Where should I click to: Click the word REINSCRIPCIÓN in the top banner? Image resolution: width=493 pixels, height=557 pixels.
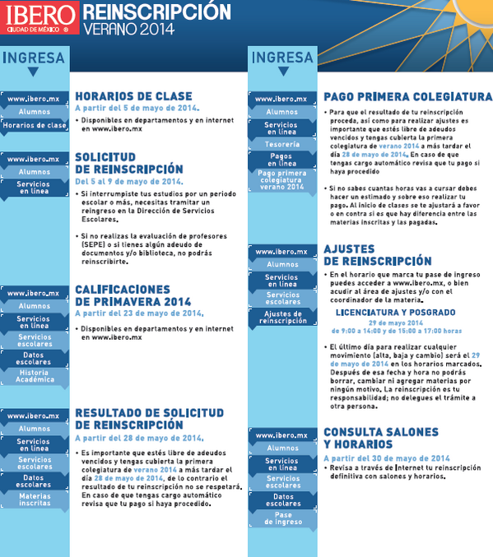tap(156, 12)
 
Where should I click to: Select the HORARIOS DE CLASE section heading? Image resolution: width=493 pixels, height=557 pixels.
tap(133, 96)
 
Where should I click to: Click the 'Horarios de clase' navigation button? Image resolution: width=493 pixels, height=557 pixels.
tap(34, 126)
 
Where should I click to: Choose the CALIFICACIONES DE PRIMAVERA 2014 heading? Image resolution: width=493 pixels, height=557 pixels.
tap(133, 295)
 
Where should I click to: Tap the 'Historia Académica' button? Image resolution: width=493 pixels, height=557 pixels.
tap(34, 375)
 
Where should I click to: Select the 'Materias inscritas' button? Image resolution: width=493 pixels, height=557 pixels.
tap(34, 499)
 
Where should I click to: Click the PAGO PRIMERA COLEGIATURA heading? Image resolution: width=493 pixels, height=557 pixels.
tap(407, 96)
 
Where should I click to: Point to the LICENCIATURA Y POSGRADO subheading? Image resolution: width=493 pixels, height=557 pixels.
tap(395, 313)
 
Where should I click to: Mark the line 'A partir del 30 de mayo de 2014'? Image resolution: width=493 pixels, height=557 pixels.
tap(387, 458)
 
